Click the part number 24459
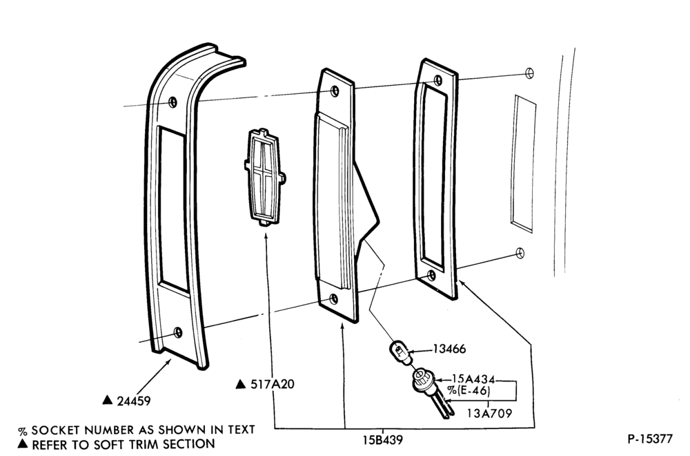pos(134,401)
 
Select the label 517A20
pos(273,384)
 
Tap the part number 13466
pos(449,349)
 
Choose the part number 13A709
pos(489,413)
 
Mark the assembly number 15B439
pos(382,439)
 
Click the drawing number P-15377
pos(650,439)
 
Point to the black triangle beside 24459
pos(108,399)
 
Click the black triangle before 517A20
pos(241,383)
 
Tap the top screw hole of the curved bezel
pos(173,102)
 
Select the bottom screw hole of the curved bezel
pos(178,332)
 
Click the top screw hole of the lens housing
pos(335,91)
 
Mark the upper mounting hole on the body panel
pos(529,73)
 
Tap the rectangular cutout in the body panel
pos(524,164)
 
